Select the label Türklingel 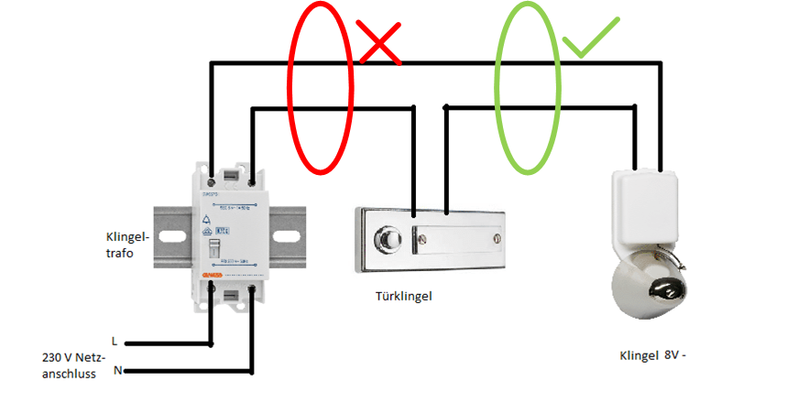403,296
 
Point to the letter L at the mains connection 114,340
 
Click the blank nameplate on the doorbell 457,240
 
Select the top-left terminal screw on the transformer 212,171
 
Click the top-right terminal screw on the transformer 250,171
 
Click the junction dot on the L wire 212,345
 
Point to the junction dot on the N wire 250,371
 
